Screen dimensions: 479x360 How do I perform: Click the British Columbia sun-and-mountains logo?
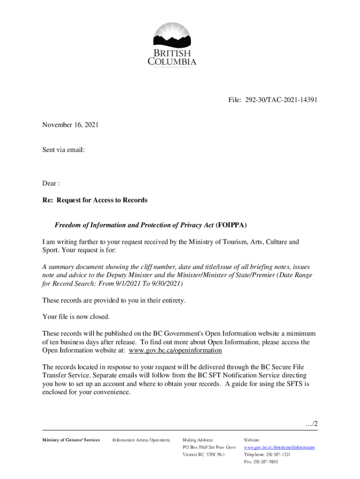tap(172, 36)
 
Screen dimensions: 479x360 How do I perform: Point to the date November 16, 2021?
tap(70, 125)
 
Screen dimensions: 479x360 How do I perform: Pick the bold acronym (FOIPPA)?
tap(231, 225)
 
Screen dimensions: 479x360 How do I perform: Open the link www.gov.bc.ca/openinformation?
tap(175, 350)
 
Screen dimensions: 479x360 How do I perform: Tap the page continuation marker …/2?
tap(310, 424)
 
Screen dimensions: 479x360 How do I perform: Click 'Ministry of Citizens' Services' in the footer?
tap(71, 440)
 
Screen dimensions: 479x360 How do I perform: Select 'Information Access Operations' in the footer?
tap(141, 440)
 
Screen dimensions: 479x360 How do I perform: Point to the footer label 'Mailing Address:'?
tap(198, 440)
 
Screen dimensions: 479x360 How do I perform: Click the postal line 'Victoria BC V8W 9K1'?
tap(203, 455)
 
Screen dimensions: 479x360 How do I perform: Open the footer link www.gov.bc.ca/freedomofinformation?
tap(279, 448)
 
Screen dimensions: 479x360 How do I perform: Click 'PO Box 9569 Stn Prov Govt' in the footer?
tap(209, 448)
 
